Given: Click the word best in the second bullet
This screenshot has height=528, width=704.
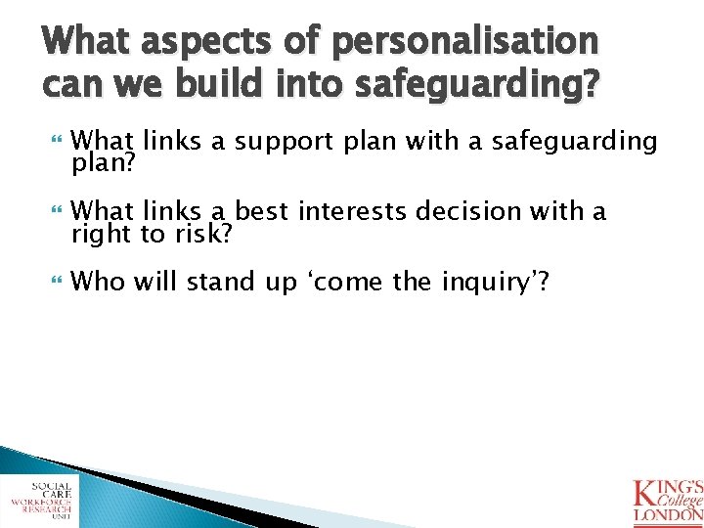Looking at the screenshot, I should [x=265, y=211].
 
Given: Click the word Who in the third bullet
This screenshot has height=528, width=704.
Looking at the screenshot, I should [x=98, y=283].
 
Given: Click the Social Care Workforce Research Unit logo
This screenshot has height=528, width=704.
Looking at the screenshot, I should [x=39, y=500].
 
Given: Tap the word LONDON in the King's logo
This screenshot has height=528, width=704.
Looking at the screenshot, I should [x=668, y=513].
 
